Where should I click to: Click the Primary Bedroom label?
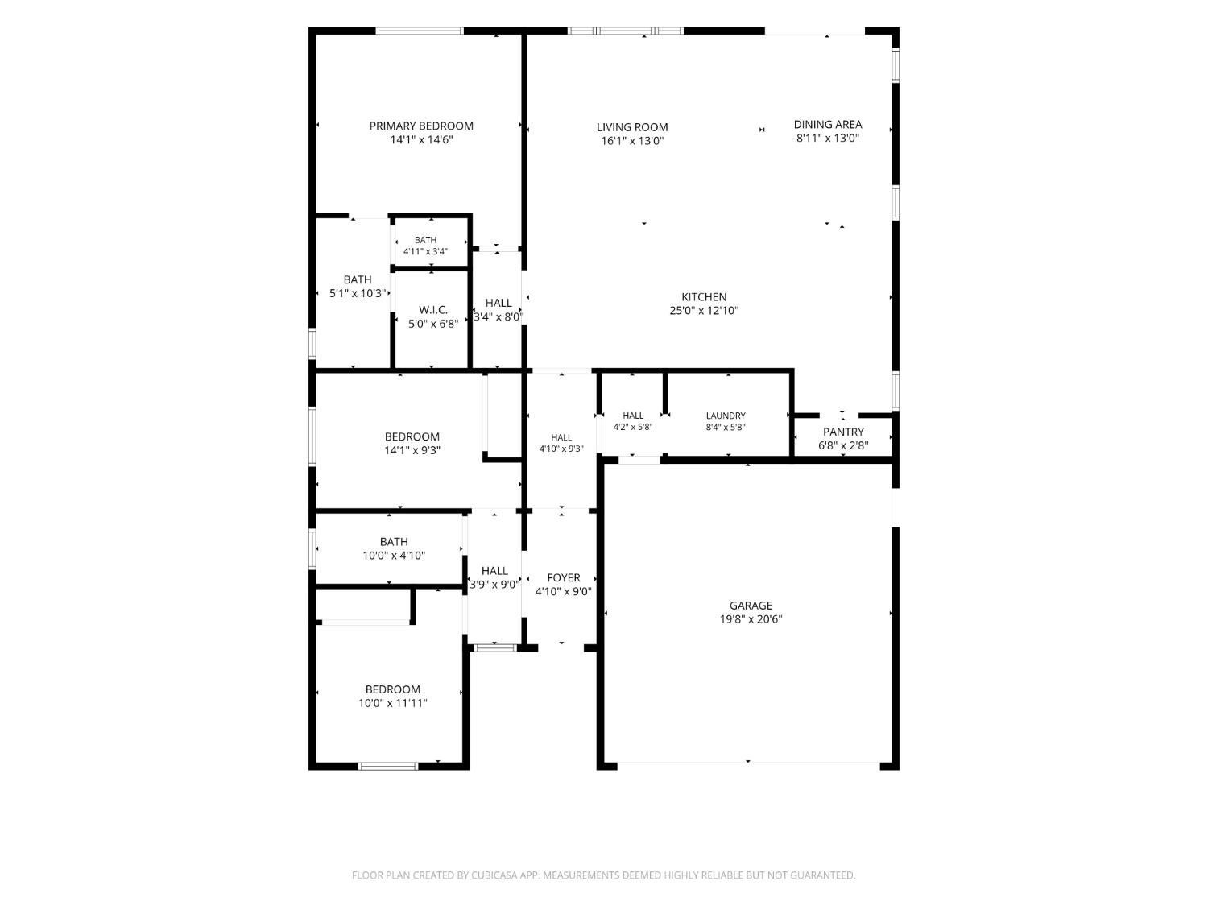421,126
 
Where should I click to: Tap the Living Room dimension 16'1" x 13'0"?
632,141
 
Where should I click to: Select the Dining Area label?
828,124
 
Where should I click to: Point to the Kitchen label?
704,296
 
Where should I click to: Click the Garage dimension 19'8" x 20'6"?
751,618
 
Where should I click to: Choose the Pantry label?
843,432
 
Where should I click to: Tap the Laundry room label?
726,416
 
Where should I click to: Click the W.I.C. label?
433,310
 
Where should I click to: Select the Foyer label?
564,577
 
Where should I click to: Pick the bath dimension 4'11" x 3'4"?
425,251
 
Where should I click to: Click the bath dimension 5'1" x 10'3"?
358,293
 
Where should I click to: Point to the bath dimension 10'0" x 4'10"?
394,556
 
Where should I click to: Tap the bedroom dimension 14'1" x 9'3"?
412,450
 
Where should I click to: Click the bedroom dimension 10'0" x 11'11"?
392,703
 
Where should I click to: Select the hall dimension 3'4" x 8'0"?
498,316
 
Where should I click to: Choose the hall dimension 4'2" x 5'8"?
633,427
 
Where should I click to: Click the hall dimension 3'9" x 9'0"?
494,585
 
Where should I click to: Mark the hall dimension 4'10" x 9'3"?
561,449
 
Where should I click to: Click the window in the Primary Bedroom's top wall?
420,31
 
